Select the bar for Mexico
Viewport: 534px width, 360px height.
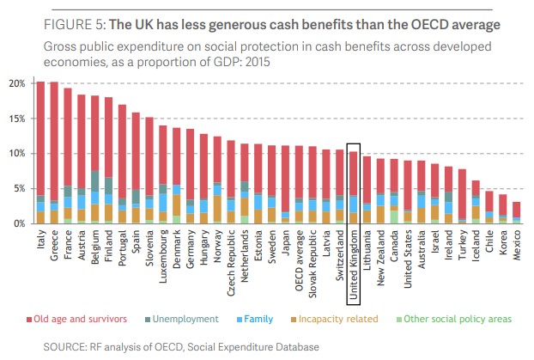pos(517,212)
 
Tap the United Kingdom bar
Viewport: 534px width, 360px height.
pos(353,187)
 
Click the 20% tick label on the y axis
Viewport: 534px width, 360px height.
pos(16,83)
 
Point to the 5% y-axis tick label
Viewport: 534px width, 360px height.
pos(19,188)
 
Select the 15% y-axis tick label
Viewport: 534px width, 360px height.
pos(16,119)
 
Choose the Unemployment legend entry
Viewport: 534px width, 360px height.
pos(187,319)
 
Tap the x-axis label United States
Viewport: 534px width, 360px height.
pos(408,261)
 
